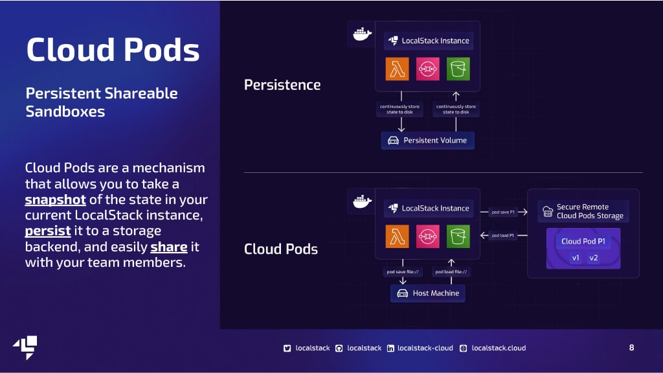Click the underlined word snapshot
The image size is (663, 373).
pos(56,199)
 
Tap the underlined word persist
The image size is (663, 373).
pos(48,231)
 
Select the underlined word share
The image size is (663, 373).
pos(169,247)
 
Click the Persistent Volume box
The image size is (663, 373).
pos(427,141)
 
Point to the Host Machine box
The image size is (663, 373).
pos(427,293)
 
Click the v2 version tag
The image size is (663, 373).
pos(594,258)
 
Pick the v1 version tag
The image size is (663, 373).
pos(576,258)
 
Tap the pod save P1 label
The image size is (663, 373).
pos(503,212)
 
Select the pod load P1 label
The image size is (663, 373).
pos(502,235)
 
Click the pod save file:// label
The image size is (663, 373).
pos(403,271)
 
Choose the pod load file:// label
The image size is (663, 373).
pos(451,271)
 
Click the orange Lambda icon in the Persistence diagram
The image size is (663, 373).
pos(397,69)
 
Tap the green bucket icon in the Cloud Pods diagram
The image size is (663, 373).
pos(458,236)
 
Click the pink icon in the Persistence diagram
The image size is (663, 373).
pos(427,69)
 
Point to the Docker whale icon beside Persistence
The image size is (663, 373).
pos(362,34)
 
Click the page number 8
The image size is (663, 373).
pos(631,348)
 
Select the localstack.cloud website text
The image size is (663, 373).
pos(499,348)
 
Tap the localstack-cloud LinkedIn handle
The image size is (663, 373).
pos(425,348)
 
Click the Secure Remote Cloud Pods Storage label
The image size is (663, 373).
pos(590,211)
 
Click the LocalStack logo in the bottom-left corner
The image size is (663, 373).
pos(25,348)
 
